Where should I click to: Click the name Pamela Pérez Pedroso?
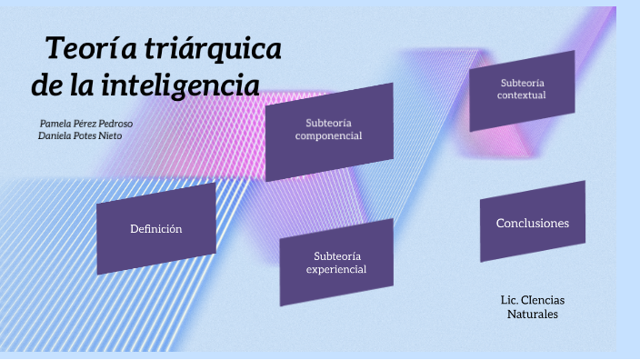tap(92, 122)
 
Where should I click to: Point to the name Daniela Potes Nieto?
tap(80, 135)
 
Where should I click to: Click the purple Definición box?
tap(156, 228)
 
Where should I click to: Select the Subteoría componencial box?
tap(329, 130)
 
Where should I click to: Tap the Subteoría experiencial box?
tap(336, 262)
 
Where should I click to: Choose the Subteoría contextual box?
tap(523, 89)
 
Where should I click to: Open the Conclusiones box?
tap(533, 222)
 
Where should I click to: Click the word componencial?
tap(329, 136)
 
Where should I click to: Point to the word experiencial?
tap(336, 269)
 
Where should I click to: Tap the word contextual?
tap(523, 95)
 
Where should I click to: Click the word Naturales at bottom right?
tap(533, 314)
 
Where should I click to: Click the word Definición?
tap(156, 229)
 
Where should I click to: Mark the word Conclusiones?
tap(533, 223)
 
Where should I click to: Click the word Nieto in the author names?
tap(109, 135)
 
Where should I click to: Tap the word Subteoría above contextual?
tap(523, 83)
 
